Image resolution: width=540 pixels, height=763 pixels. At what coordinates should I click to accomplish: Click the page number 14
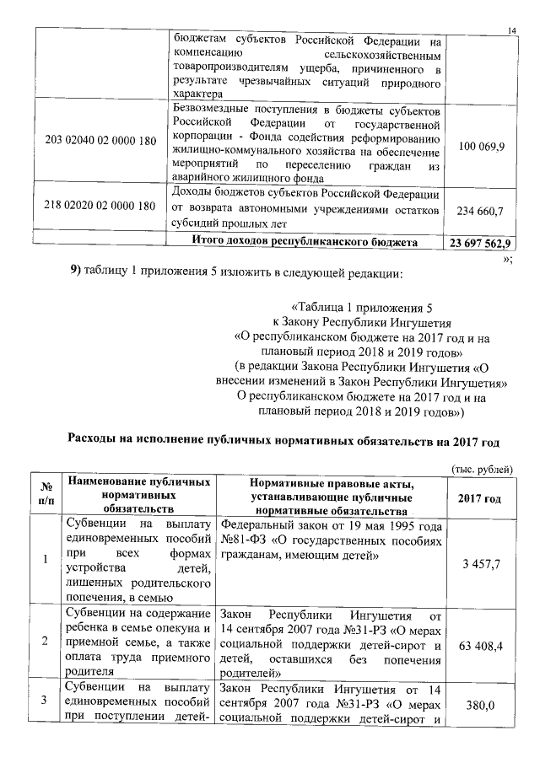pyautogui.click(x=511, y=31)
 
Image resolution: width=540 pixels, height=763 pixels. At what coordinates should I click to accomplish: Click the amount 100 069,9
pyautogui.click(x=480, y=147)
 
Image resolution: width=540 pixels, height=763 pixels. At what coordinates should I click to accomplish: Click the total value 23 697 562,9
pyautogui.click(x=480, y=244)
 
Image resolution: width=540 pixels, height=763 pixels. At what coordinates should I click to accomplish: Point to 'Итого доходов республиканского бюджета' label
pyautogui.click(x=305, y=243)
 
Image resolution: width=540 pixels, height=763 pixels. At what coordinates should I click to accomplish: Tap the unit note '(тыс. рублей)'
pyautogui.click(x=479, y=469)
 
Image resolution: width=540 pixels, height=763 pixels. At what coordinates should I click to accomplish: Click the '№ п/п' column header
pyautogui.click(x=43, y=495)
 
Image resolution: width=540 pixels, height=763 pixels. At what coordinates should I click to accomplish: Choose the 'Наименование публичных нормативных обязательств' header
pyautogui.click(x=139, y=495)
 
